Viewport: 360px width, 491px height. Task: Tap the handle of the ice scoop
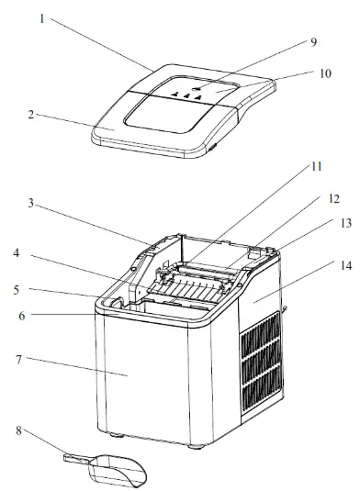coord(78,458)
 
